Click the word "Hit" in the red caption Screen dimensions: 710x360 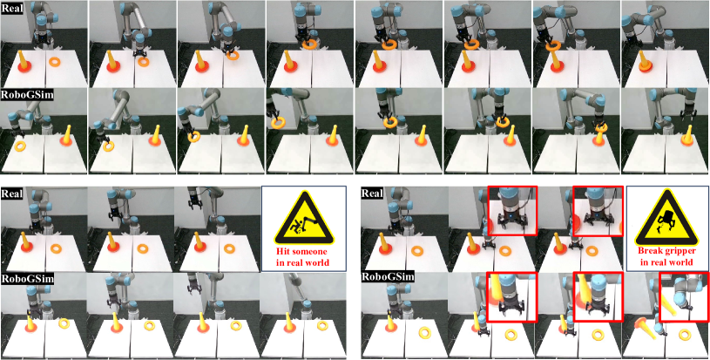coord(285,250)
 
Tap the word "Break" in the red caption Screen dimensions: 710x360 coord(649,251)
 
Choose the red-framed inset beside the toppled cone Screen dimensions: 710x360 coord(683,296)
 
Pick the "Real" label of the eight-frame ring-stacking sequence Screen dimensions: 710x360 coord(10,9)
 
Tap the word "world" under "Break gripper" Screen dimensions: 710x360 coord(683,262)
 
